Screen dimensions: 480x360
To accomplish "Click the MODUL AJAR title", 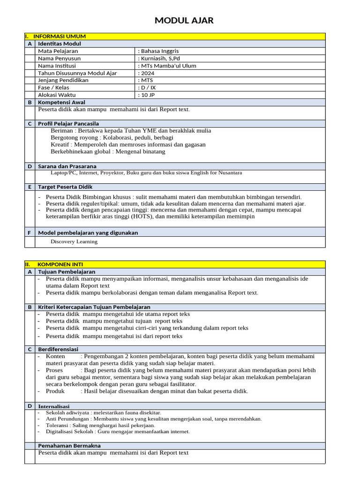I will tap(184, 20).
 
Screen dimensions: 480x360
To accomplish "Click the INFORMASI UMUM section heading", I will tap(60, 36).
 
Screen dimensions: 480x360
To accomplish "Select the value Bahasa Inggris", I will tap(158, 51).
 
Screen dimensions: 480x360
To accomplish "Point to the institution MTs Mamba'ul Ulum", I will tap(167, 66).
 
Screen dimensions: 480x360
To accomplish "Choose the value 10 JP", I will tap(147, 95).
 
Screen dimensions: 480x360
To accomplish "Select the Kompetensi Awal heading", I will tap(61, 102).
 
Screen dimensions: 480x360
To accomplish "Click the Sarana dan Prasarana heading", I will tap(67, 166).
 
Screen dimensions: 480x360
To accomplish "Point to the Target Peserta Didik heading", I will tap(65, 187).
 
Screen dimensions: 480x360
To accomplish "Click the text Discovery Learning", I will tap(74, 242).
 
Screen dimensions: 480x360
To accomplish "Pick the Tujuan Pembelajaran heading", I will tap(67, 272).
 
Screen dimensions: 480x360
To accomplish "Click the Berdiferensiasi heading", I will tap(58, 349).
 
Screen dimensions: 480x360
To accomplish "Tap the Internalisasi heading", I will tap(53, 406).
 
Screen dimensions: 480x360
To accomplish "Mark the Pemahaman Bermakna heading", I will tap(69, 446).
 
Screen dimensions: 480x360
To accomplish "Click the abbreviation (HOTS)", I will tap(142, 217).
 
